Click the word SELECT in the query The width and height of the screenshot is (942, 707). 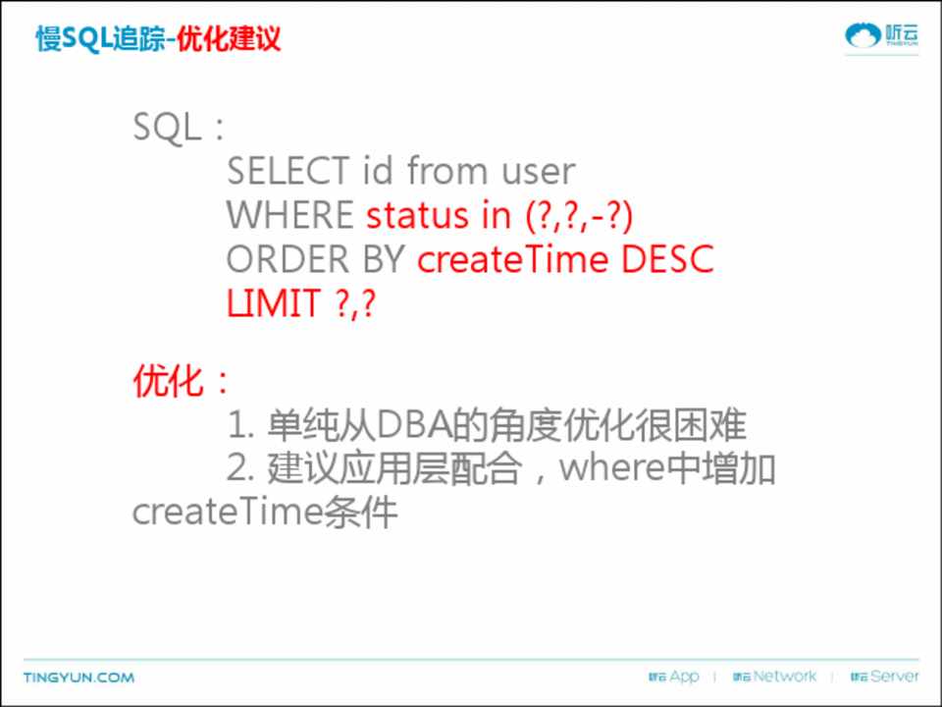tap(288, 170)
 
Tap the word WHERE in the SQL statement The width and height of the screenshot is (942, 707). tap(289, 215)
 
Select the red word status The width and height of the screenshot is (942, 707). tap(417, 215)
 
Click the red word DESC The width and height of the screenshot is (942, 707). tap(667, 259)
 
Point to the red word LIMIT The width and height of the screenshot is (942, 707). tap(274, 303)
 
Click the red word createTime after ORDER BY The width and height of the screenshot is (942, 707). tap(512, 259)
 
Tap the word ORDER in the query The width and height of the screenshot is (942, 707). tap(288, 259)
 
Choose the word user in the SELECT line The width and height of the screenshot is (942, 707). tap(539, 171)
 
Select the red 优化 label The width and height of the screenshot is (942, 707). tap(168, 381)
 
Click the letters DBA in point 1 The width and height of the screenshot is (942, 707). tap(414, 425)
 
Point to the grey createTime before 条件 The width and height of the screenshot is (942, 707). tap(227, 513)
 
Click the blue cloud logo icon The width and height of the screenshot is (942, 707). tap(863, 35)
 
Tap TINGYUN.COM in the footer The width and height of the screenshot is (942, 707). tap(78, 678)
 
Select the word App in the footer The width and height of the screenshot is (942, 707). tap(684, 677)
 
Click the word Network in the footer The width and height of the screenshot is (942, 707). tap(785, 677)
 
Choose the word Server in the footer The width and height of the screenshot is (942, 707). tap(895, 677)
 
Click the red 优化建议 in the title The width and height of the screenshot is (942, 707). tap(229, 39)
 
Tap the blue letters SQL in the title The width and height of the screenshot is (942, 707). tap(87, 39)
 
